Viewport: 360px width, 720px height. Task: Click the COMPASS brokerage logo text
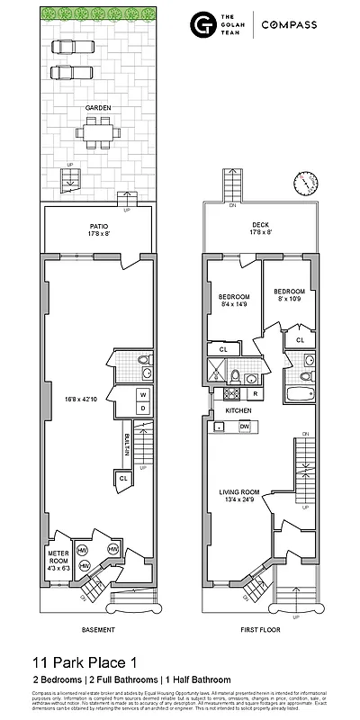(289, 26)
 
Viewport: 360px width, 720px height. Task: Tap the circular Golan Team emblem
(202, 26)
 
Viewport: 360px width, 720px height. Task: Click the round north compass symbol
(306, 182)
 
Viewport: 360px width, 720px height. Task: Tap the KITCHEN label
(238, 410)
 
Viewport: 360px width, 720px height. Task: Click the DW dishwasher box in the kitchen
(244, 427)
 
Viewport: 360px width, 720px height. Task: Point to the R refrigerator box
(256, 394)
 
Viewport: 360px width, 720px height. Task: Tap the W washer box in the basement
(142, 395)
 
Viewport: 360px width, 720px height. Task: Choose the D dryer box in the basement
(142, 409)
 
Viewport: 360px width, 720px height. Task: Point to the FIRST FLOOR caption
(258, 629)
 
